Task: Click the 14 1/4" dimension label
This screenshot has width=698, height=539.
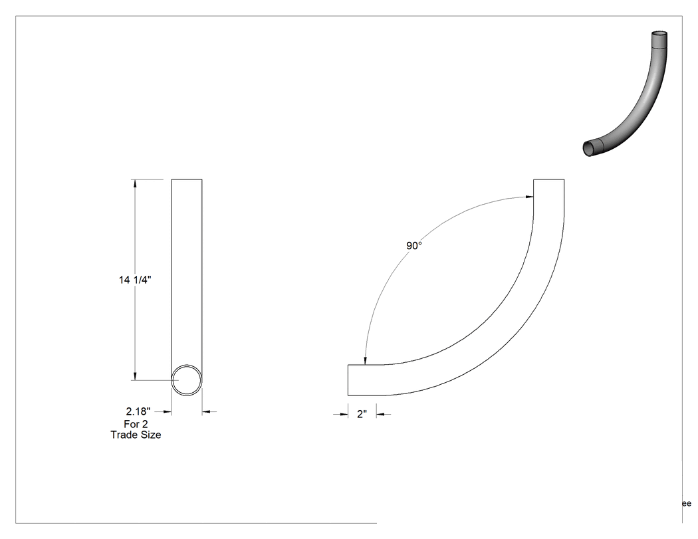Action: pyautogui.click(x=135, y=280)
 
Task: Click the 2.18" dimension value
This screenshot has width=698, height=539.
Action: pyautogui.click(x=138, y=411)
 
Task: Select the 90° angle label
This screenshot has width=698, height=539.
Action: pyautogui.click(x=414, y=246)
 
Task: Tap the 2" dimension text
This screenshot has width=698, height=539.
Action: pyautogui.click(x=362, y=414)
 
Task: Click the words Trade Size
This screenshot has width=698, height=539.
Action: pyautogui.click(x=136, y=435)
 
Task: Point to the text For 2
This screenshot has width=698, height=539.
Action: pyautogui.click(x=136, y=424)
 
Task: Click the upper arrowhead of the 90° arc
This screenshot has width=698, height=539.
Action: pyautogui.click(x=529, y=197)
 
